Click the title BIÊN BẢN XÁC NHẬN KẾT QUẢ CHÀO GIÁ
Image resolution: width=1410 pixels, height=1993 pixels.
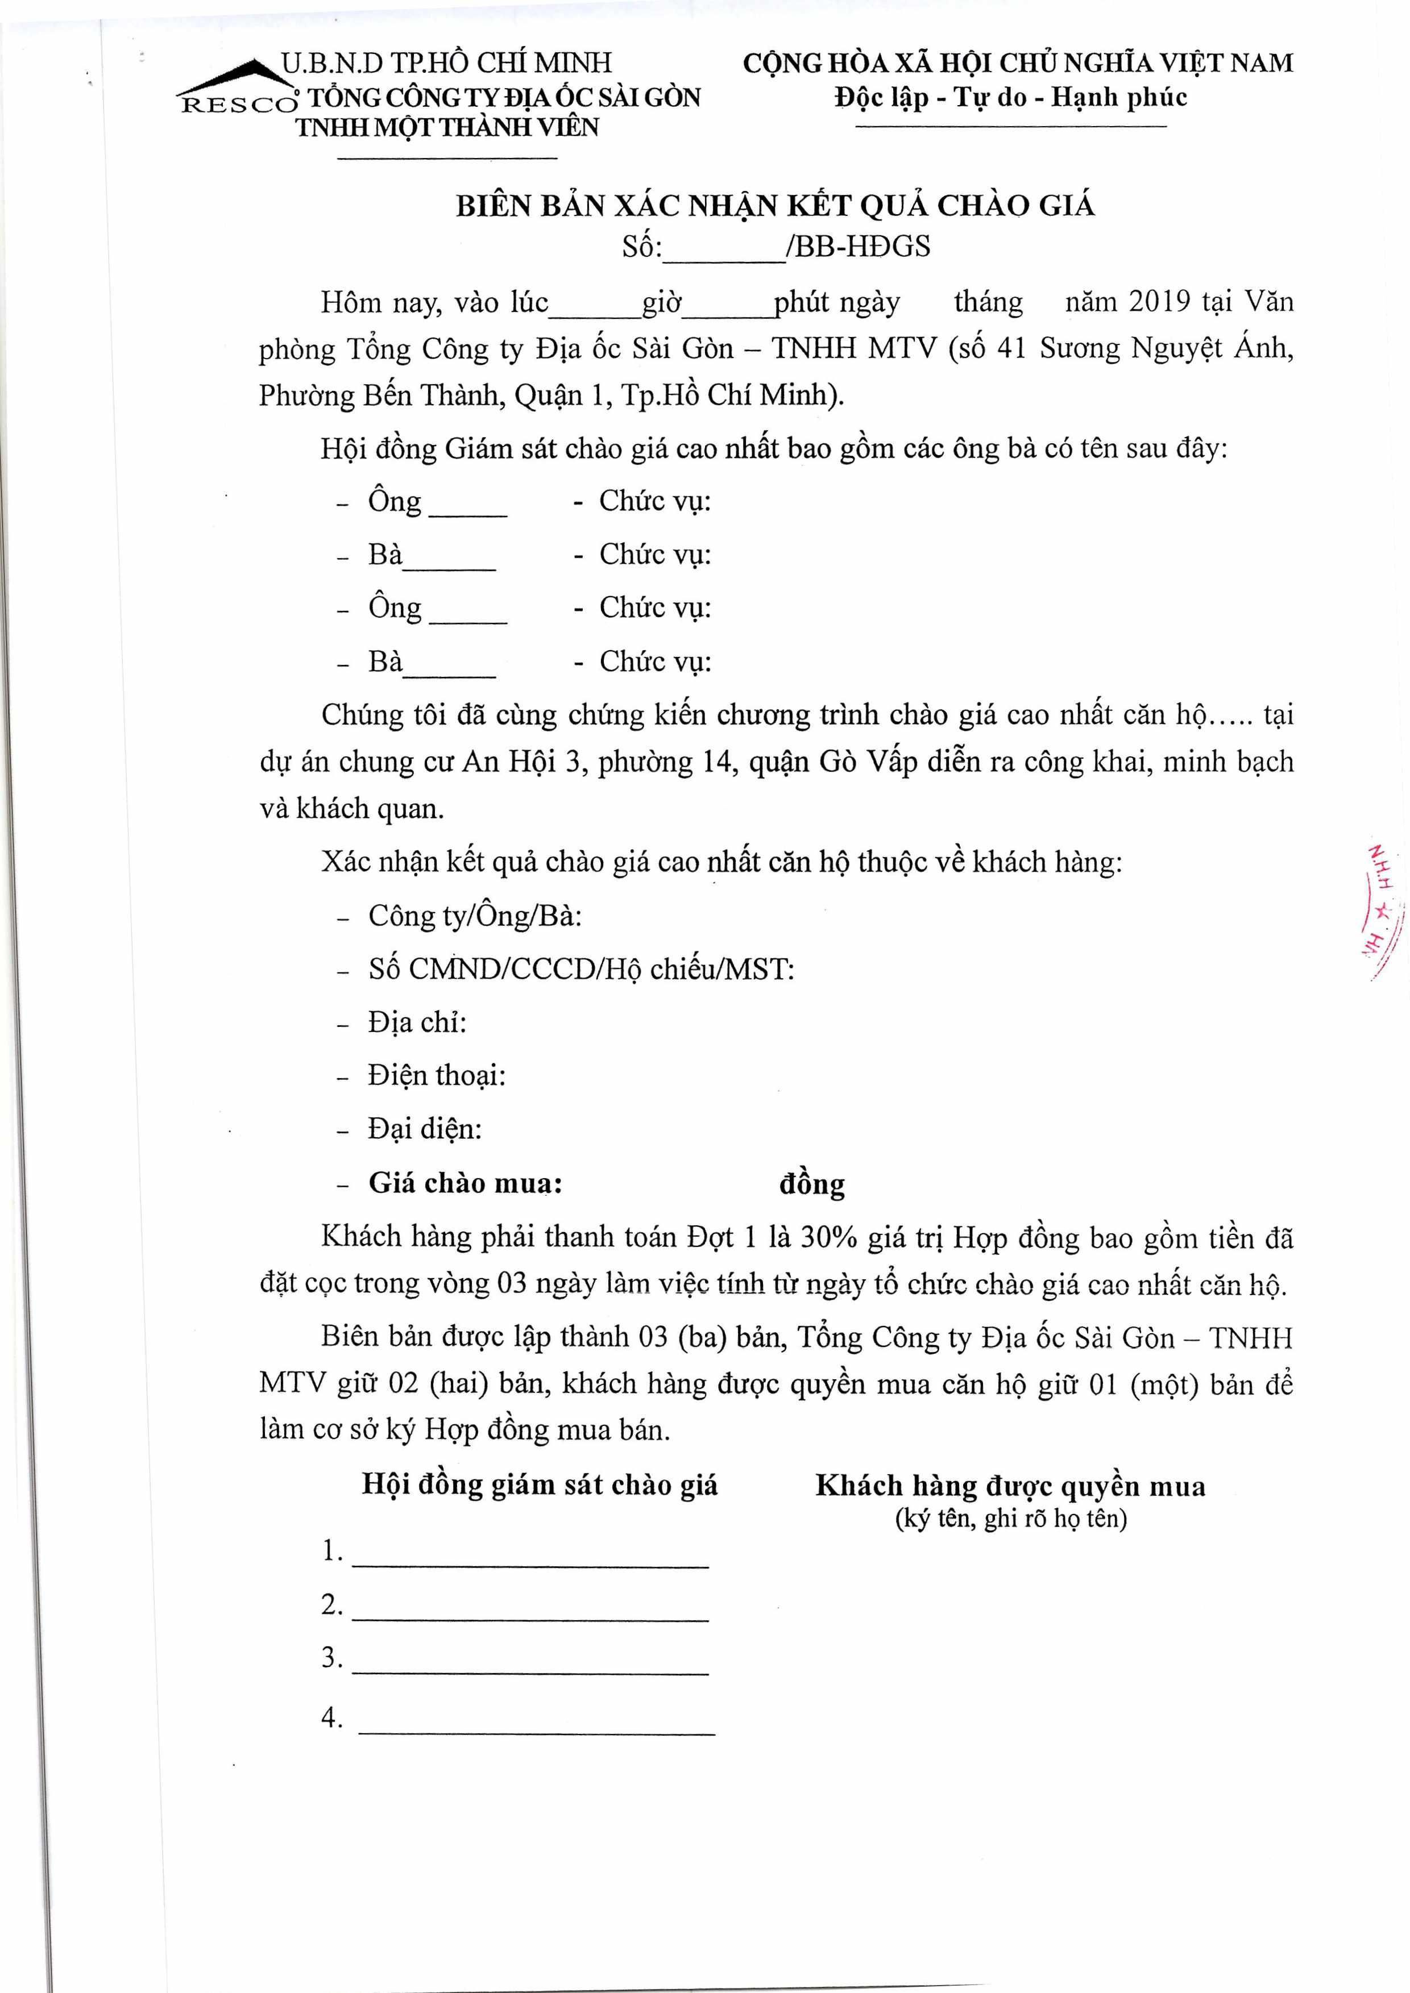776,206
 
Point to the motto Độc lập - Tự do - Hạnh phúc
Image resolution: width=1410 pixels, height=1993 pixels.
1011,97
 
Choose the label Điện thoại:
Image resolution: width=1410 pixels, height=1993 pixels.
437,1075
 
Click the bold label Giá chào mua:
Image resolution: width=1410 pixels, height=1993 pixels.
466,1183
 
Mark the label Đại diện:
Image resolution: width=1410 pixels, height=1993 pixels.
425,1129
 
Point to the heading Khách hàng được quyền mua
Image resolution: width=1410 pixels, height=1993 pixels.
1010,1486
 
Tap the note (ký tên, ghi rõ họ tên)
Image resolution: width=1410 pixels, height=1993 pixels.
1011,1518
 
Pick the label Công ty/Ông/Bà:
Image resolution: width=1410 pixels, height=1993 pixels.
475,916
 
